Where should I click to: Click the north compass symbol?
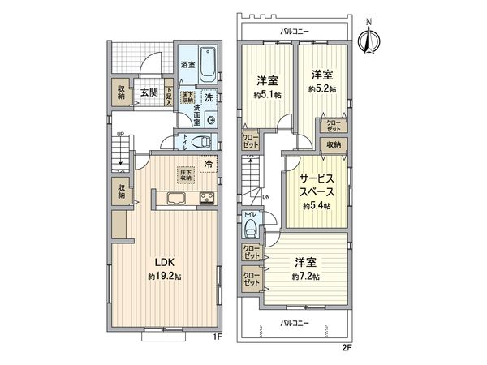coord(371,38)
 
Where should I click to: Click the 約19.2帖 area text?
coord(165,277)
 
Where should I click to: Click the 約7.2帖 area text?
coord(306,276)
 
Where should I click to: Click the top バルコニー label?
coord(293,30)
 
